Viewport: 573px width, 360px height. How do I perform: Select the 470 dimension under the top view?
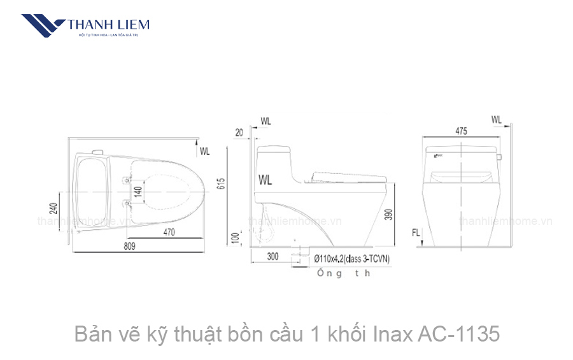pos(169,233)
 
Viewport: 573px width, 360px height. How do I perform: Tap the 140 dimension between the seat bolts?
pos(137,189)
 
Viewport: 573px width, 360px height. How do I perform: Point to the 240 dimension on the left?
pos(54,208)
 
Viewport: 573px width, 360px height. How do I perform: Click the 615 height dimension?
pos(222,184)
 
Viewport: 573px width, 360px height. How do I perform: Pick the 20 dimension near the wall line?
pos(239,133)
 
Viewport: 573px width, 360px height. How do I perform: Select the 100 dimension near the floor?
pos(237,238)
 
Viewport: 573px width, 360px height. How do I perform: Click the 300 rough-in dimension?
pos(272,257)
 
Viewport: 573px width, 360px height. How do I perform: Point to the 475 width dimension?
pos(461,131)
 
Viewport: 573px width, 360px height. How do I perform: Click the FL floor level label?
pos(415,233)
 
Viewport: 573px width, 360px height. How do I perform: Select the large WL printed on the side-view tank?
pos(265,180)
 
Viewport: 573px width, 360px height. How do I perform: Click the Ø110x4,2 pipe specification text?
pos(351,259)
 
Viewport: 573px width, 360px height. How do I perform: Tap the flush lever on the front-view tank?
pos(500,157)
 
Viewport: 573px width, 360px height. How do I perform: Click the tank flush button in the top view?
pos(97,152)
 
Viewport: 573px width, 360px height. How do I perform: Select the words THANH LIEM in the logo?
pos(108,25)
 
